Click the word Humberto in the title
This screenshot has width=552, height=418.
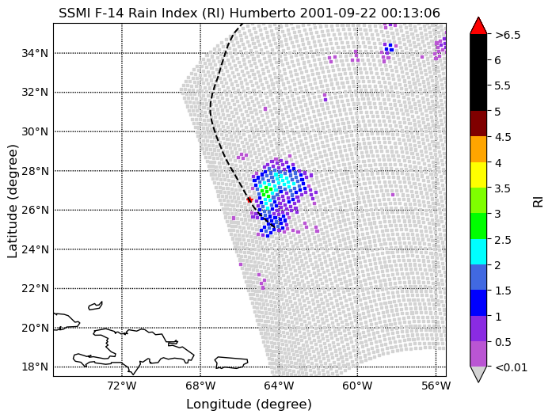(262, 13)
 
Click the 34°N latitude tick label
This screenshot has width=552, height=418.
(35, 53)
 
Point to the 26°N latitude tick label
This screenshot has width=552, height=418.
(35, 210)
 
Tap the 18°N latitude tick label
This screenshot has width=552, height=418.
(35, 367)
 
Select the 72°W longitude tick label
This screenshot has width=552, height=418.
(122, 386)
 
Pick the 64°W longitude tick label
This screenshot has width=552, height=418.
(279, 386)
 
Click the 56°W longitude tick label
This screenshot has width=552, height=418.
(436, 386)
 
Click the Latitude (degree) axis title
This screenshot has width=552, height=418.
(12, 201)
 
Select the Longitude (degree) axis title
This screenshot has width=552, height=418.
(249, 405)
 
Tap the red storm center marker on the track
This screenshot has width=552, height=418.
(249, 199)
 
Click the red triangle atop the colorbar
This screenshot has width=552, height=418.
(478, 25)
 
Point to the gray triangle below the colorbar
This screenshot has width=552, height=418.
(478, 374)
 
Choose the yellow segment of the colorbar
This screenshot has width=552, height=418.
(478, 175)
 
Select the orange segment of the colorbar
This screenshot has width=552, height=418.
(478, 149)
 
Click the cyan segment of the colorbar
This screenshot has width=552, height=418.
(478, 252)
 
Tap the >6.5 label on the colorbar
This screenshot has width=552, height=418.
(508, 35)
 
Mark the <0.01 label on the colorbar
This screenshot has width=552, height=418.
(511, 367)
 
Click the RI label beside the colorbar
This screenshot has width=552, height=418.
(539, 201)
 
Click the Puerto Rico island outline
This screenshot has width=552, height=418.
(231, 363)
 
